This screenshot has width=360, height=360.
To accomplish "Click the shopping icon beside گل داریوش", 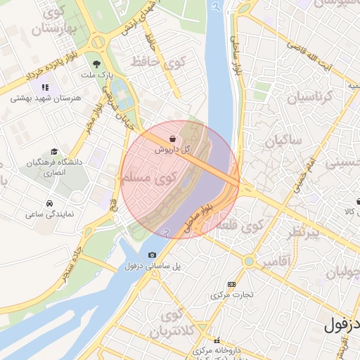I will [173, 139].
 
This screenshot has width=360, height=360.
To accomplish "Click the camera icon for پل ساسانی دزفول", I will [153, 255].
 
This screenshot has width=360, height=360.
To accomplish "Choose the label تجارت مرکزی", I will [233, 295].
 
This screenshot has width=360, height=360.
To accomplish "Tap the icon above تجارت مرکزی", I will [232, 284].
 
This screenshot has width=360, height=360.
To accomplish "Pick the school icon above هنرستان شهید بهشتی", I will [45, 88].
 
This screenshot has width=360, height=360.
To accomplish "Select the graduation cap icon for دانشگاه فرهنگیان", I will [54, 152].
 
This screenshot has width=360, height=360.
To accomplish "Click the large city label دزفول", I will [342, 326].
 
